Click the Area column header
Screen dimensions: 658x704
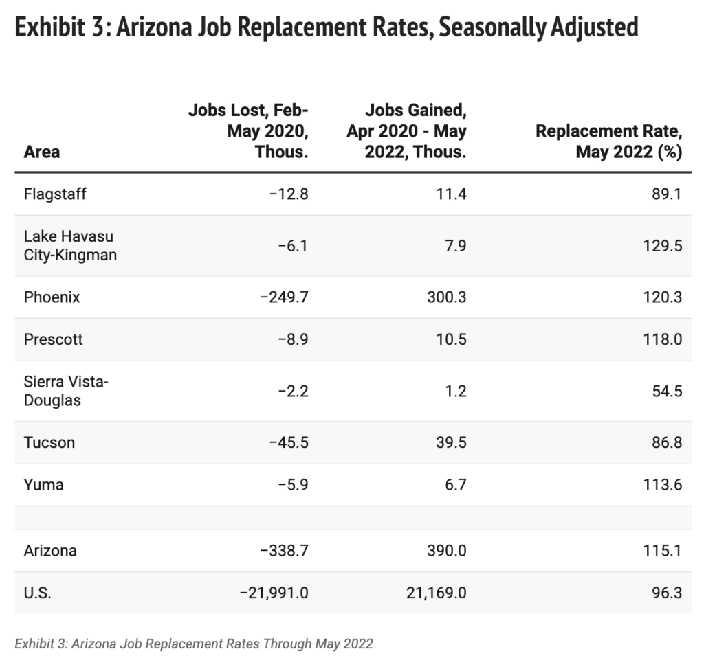pos(42,152)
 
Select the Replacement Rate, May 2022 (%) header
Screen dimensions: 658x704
pos(609,141)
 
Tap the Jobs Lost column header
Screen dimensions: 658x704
pos(248,131)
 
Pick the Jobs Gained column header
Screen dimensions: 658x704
pos(407,131)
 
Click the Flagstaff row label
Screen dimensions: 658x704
pos(55,194)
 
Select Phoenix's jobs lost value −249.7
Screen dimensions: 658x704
pos(280,297)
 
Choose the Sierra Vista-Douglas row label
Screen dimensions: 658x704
pos(66,391)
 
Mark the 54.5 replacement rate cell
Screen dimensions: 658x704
pos(666,391)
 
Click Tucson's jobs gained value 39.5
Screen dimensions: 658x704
pos(451,442)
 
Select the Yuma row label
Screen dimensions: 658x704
pos(43,485)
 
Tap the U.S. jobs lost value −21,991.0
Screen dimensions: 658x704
pos(273,592)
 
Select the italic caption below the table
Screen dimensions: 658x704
pos(194,644)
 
